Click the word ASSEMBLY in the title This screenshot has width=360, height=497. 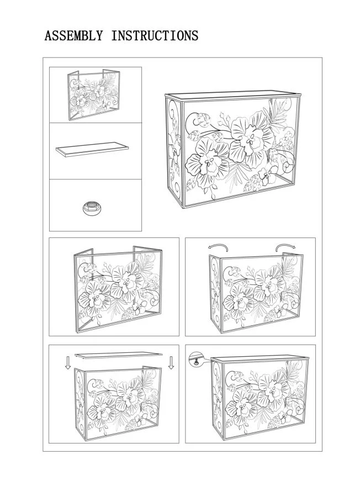click(x=73, y=35)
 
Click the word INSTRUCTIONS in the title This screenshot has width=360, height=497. click(x=155, y=35)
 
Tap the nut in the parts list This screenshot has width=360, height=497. click(x=92, y=208)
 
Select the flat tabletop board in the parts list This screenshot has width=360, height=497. click(x=92, y=149)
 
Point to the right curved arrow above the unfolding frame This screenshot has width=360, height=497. click(x=285, y=246)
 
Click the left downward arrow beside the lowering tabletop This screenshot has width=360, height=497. click(x=68, y=363)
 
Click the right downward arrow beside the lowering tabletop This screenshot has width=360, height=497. click(x=171, y=363)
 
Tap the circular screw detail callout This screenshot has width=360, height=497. click(x=195, y=359)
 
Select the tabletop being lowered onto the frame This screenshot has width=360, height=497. click(x=118, y=355)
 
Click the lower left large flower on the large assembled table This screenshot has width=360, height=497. click(x=208, y=163)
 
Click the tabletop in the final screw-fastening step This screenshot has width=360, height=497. click(x=260, y=358)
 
